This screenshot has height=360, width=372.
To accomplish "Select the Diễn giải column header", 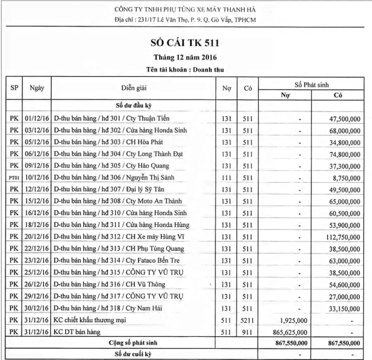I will (134, 88).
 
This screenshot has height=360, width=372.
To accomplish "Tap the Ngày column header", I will (37, 88).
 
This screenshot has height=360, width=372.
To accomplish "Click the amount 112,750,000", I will (343, 237).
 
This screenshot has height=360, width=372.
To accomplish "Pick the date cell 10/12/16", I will (37, 178).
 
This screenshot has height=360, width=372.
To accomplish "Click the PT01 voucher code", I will (14, 178).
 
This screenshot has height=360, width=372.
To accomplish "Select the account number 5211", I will (248, 320).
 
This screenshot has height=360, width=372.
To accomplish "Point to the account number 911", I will (248, 332).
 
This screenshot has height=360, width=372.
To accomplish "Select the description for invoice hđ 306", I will (114, 178).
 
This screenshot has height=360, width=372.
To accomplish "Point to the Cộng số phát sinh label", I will (133, 343).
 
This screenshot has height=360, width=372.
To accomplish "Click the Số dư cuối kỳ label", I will (133, 354).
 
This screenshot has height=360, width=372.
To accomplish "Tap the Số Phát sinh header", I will (312, 84).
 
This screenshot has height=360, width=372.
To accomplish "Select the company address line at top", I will (185, 20).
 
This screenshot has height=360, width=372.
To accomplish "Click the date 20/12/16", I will (37, 237).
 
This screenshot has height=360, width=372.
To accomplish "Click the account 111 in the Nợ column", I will (226, 178).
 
